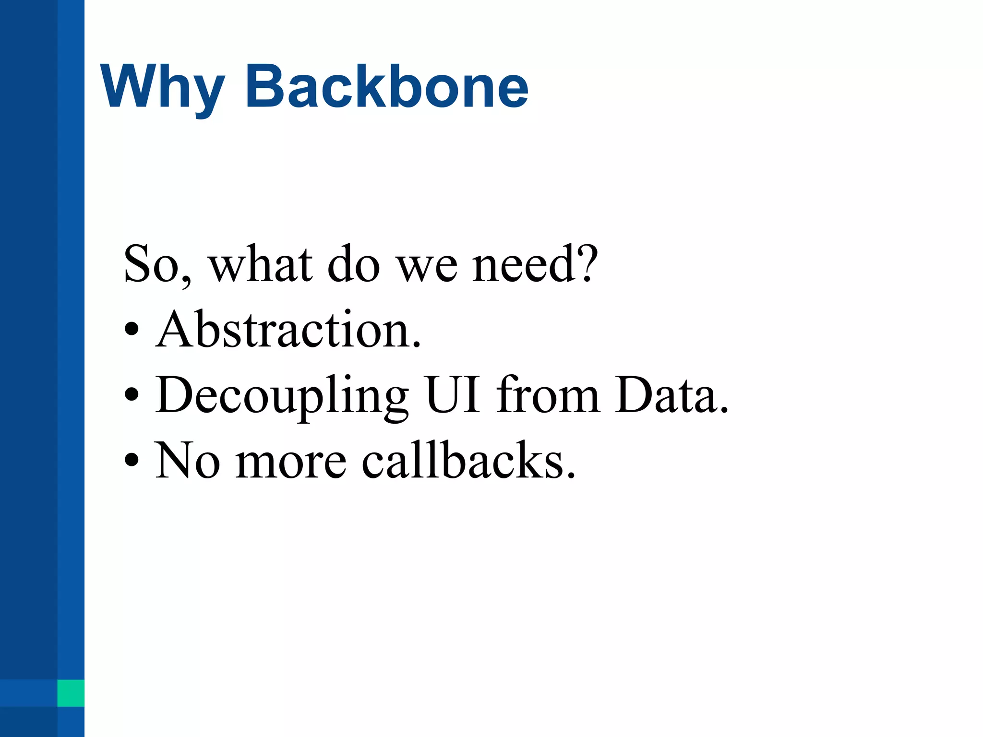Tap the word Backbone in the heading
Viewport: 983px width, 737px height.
coord(387,86)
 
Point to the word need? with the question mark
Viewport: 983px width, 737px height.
coord(535,264)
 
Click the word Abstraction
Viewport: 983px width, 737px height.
coord(288,330)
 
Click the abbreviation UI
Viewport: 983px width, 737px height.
coord(453,395)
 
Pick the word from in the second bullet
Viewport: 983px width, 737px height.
coord(548,395)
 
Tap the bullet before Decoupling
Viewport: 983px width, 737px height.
coord(131,395)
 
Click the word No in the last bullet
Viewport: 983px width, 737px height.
coord(187,461)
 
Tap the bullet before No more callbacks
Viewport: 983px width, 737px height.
coord(131,461)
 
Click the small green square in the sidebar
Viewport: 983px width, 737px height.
coord(71,693)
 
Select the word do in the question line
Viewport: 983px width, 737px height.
coord(354,264)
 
